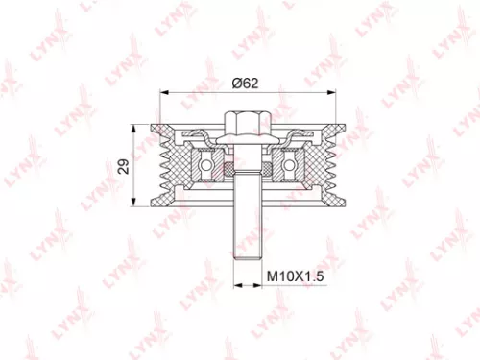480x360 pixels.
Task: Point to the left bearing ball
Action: (x=206, y=165)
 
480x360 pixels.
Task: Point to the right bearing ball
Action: (x=287, y=165)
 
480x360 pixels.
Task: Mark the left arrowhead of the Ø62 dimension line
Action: (x=162, y=92)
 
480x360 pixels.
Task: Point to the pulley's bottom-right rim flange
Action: (x=326, y=199)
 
